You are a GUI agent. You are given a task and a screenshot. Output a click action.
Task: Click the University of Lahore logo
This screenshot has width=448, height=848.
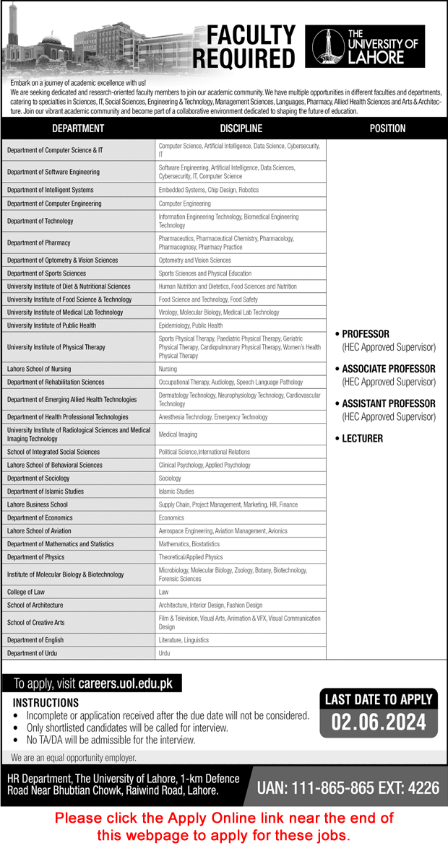click(365, 47)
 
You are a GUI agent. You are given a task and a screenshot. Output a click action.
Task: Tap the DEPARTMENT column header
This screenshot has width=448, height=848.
click(78, 128)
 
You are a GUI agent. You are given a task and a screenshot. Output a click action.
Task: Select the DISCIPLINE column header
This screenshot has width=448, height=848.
click(241, 128)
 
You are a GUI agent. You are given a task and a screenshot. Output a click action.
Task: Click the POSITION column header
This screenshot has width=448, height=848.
click(387, 128)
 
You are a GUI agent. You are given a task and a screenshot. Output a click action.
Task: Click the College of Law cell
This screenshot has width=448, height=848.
click(27, 592)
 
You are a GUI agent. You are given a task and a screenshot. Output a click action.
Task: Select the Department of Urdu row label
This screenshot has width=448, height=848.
click(32, 653)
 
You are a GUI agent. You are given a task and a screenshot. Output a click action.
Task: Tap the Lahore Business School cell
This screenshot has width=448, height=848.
click(38, 504)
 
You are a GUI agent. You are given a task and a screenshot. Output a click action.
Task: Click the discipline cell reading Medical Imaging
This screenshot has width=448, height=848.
click(178, 434)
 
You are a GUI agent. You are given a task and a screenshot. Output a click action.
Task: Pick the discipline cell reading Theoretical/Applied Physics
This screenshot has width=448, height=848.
click(191, 557)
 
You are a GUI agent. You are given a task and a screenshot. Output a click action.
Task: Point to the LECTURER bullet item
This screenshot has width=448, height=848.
click(362, 438)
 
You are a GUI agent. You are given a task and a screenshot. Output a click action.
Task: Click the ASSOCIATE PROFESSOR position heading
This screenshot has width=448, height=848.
click(388, 369)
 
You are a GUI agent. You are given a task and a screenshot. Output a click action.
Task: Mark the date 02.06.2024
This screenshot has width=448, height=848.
click(379, 722)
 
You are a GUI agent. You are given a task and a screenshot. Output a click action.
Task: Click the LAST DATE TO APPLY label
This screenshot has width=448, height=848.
click(379, 699)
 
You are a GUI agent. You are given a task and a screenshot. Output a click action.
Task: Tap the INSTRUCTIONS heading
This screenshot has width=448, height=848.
click(46, 702)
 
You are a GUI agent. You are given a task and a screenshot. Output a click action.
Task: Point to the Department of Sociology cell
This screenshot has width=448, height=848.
click(38, 478)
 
